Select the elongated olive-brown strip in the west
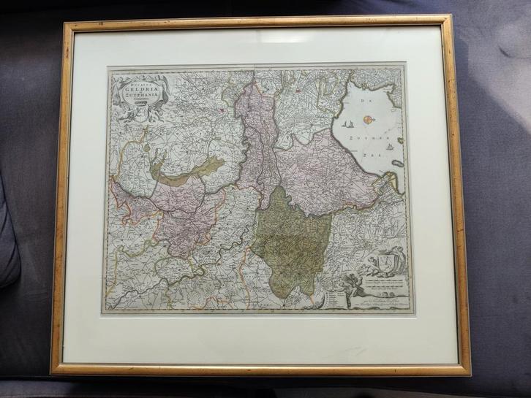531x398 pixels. pyautogui.click(x=187, y=171)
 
